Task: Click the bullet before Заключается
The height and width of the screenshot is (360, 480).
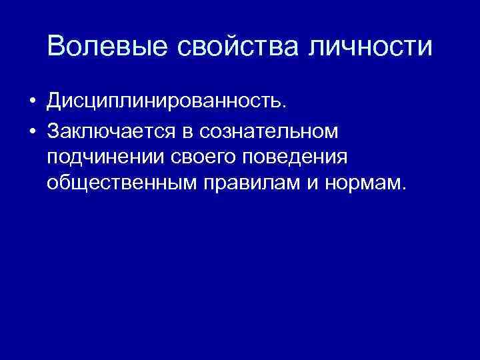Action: coord(31,132)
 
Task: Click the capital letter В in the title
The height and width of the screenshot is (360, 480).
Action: coord(56,47)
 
